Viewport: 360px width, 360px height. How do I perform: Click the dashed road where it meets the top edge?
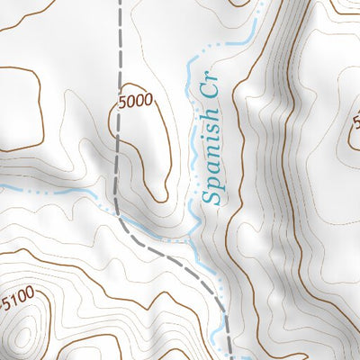coord(120,3)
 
